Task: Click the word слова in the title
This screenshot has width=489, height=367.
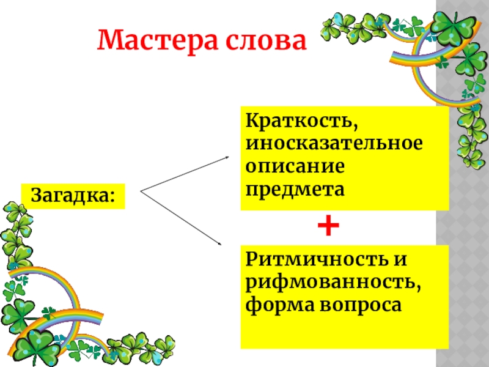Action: click(265, 40)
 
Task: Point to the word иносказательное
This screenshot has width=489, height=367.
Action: click(334, 144)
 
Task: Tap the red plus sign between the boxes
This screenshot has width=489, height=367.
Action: click(328, 227)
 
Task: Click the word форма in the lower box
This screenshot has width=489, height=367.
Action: click(274, 303)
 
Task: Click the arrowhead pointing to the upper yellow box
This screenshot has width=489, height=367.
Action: click(227, 157)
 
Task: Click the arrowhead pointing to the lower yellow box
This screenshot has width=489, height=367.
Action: click(221, 245)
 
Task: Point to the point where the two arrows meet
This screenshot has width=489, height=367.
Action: click(141, 192)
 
